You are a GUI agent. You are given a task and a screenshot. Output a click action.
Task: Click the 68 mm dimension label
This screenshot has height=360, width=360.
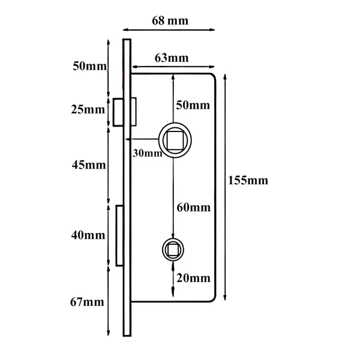pyautogui.click(x=170, y=20)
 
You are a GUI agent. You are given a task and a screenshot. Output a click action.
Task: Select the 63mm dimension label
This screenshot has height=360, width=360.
pyautogui.click(x=172, y=58)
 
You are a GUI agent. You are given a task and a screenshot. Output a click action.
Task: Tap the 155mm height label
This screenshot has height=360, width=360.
pyautogui.click(x=248, y=180)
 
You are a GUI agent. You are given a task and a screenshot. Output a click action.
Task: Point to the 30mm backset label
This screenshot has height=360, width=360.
pyautogui.click(x=148, y=153)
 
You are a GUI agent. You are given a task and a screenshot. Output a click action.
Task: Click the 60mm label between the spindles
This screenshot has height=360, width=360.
pyautogui.click(x=194, y=208)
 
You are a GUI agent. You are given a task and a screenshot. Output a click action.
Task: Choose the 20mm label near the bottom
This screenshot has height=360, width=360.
pyautogui.click(x=193, y=278)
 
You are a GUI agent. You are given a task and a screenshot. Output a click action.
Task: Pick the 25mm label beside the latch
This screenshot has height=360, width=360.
pyautogui.click(x=88, y=109)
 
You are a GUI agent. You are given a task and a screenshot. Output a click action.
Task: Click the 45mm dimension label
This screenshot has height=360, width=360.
pyautogui.click(x=89, y=165)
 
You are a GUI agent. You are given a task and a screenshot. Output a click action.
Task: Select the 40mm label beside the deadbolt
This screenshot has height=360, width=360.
pyautogui.click(x=88, y=235)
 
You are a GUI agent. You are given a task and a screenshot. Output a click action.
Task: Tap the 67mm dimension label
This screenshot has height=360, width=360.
pyautogui.click(x=87, y=302)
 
